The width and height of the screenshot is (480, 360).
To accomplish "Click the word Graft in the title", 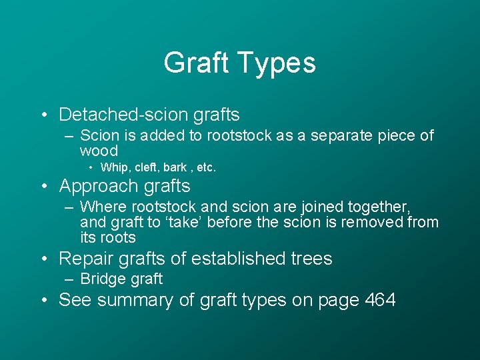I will coord(194,63).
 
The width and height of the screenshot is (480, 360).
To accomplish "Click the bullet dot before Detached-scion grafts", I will coord(43,115).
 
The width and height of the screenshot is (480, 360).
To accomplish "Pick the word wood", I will coord(99,151).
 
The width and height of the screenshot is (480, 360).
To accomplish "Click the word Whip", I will coord(113,167).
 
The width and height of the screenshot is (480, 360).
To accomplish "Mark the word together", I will coord(380,207).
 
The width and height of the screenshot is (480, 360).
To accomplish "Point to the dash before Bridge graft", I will coord(69,279).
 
